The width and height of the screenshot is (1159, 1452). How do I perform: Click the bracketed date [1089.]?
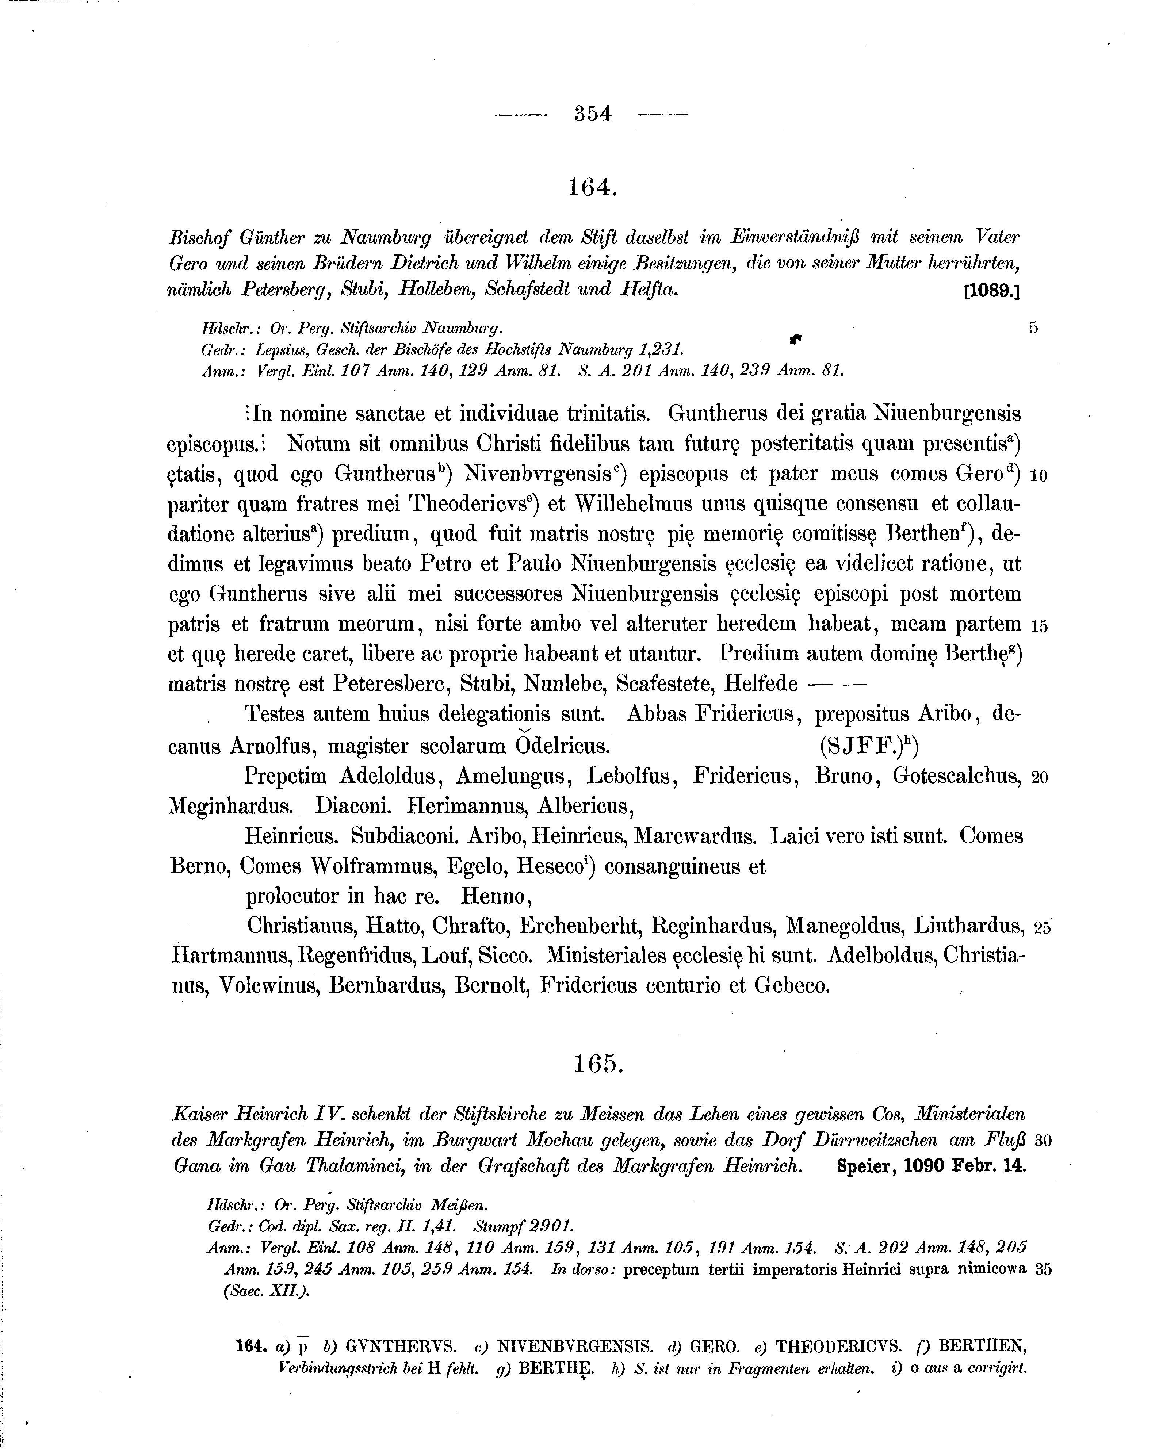point(991,292)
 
